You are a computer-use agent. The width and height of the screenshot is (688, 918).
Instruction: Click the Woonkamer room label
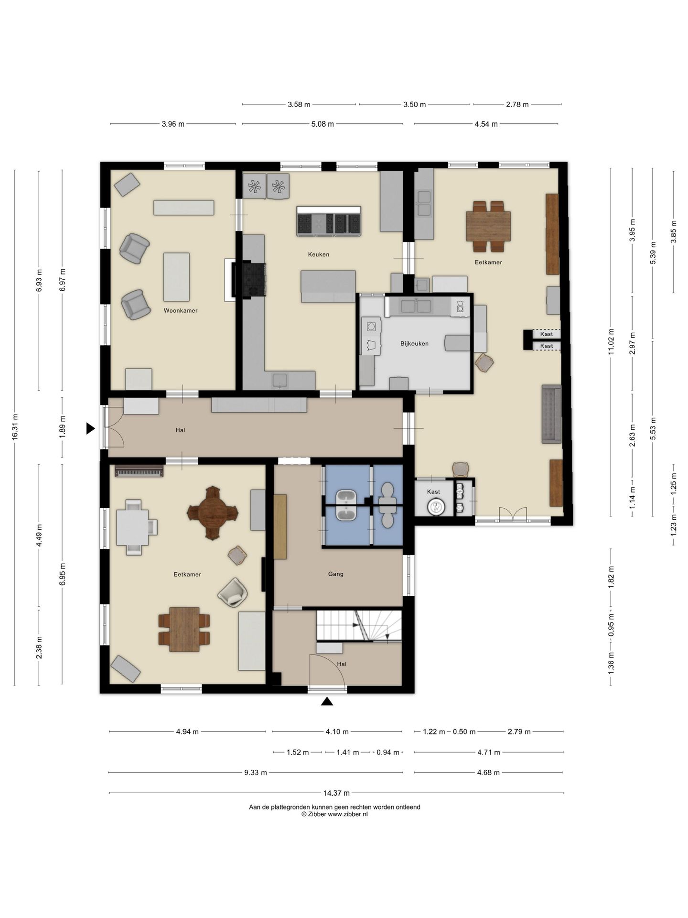click(x=181, y=310)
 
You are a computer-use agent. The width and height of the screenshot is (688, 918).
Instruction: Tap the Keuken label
click(x=319, y=254)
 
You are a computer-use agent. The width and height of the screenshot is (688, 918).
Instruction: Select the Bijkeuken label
click(x=414, y=343)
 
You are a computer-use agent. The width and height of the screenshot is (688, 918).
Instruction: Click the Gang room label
click(x=336, y=574)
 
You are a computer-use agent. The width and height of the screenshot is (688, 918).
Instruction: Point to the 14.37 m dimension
click(x=336, y=793)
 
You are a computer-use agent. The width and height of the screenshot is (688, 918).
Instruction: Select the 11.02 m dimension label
click(x=611, y=342)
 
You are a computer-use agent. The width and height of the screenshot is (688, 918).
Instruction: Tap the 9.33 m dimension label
click(x=256, y=772)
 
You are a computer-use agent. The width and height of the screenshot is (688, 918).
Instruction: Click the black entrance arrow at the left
click(x=90, y=428)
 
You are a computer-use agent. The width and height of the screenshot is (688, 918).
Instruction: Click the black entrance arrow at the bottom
click(x=327, y=701)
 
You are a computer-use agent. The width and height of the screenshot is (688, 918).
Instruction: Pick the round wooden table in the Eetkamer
click(x=213, y=513)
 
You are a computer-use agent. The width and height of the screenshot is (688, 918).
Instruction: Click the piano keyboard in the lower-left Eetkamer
click(x=139, y=471)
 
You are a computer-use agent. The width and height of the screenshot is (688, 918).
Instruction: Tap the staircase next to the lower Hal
click(x=359, y=625)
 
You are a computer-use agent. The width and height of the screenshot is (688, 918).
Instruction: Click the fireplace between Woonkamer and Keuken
click(x=248, y=280)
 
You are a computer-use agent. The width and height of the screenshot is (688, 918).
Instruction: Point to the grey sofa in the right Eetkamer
click(x=551, y=414)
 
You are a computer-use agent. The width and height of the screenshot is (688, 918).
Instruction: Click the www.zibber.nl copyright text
click(x=334, y=814)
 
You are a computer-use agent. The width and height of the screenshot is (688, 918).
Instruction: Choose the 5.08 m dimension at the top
click(x=322, y=124)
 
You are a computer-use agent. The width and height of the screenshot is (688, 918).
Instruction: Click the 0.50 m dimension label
click(x=464, y=732)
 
